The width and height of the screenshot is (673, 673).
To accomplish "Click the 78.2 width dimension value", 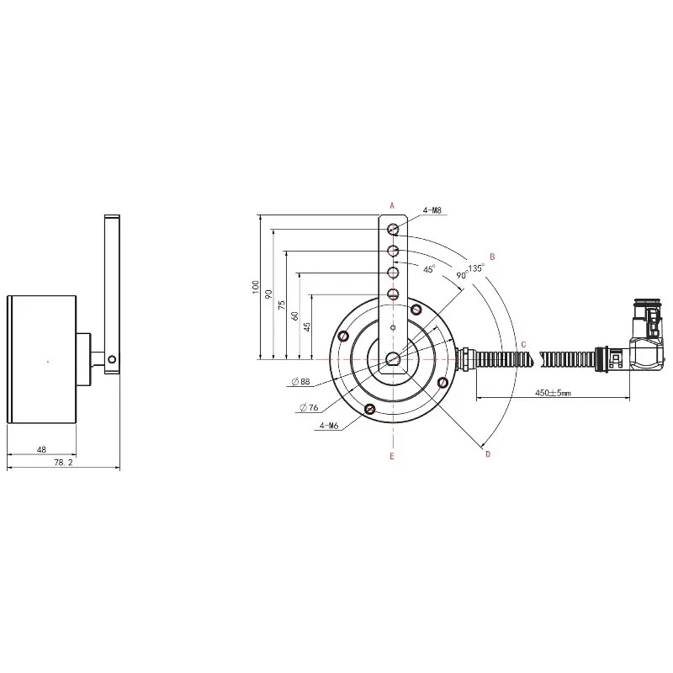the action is (64, 462).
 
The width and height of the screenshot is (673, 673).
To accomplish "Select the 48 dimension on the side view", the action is (41, 449).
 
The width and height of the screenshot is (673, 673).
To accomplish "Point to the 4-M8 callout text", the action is (432, 210).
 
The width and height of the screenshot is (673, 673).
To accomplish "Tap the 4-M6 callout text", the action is (329, 426).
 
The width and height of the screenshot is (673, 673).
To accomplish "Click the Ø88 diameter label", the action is (300, 381).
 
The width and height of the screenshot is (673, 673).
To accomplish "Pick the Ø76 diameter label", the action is (309, 407).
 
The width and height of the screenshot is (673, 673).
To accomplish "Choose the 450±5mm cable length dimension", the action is (553, 393).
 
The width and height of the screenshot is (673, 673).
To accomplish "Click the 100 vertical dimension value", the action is (256, 287).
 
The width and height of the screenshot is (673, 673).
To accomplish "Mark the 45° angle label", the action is (429, 269).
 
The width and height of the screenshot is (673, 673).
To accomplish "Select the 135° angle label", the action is (476, 268).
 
